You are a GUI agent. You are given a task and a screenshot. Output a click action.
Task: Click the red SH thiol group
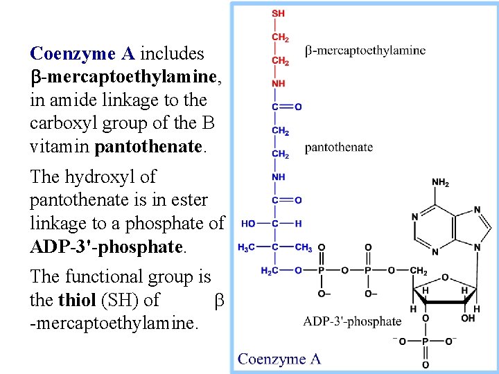tap(278, 13)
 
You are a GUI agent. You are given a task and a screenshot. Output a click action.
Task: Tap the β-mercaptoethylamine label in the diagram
tap(365, 50)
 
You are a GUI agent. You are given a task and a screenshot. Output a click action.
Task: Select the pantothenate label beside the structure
tap(338, 147)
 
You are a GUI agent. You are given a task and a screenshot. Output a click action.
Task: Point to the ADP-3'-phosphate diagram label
tap(352, 321)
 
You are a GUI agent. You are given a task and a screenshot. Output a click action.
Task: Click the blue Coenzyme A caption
tap(279, 359)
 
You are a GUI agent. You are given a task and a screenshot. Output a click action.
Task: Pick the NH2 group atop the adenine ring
tap(441, 183)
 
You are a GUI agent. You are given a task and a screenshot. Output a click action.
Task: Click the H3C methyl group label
tap(247, 247)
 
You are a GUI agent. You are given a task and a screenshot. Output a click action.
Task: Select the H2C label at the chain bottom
tap(270, 271)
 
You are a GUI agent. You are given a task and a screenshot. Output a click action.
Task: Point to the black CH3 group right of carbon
tap(303, 247)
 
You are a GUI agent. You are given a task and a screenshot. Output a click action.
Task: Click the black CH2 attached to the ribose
tap(418, 271)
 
